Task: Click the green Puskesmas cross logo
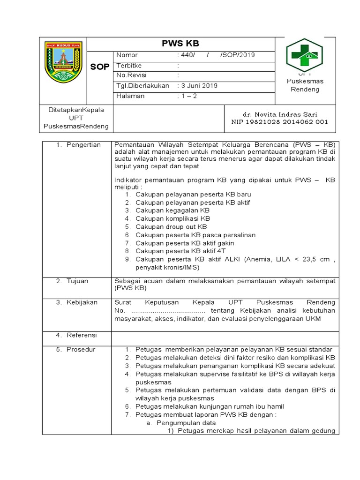305,55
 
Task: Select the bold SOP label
99,67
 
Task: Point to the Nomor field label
127,55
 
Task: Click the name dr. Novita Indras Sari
280,114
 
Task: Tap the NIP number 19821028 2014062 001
280,122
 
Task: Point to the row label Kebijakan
82,302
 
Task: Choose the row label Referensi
82,335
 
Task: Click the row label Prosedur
81,349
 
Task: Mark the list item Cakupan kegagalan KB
172,210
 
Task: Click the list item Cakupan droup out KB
171,227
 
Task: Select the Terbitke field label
129,66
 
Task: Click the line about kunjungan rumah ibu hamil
210,406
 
